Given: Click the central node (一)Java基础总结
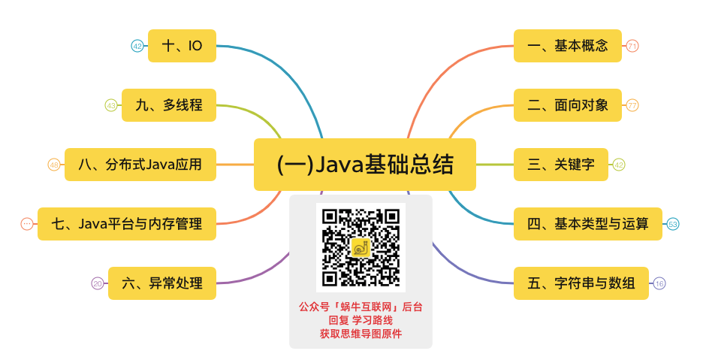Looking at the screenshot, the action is click(x=365, y=164).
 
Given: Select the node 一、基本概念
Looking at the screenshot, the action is click(x=566, y=46).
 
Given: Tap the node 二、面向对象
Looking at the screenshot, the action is click(x=567, y=105).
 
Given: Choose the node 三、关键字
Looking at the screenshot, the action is click(x=560, y=165).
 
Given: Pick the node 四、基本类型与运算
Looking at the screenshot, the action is click(x=587, y=224).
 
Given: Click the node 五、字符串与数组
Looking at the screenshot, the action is click(x=581, y=283).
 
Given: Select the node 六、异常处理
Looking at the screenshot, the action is click(x=161, y=283).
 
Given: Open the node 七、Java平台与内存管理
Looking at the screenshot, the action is click(x=127, y=224).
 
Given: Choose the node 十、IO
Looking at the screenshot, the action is click(x=182, y=46).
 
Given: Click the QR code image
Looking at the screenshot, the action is click(x=361, y=247).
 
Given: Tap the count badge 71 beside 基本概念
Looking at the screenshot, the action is click(x=632, y=46).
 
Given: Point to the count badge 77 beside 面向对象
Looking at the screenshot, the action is click(x=632, y=105).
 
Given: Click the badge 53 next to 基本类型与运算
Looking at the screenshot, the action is click(x=673, y=224).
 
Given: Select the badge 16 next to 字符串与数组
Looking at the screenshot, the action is click(x=659, y=283).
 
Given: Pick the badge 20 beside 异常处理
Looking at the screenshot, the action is click(x=98, y=283).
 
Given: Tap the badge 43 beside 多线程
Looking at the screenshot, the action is click(x=111, y=105).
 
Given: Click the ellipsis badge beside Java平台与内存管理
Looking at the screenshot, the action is click(x=27, y=224).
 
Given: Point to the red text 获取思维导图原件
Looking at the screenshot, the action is click(x=361, y=334).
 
